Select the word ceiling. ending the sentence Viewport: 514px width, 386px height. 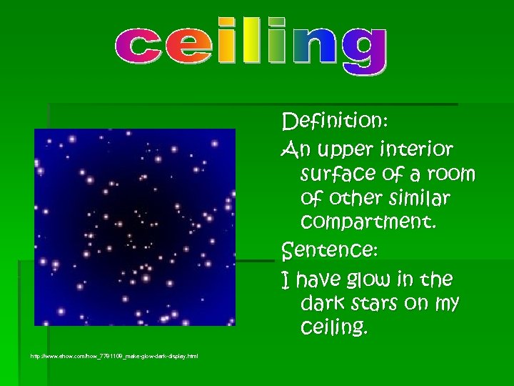334,328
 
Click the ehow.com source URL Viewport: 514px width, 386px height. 114,356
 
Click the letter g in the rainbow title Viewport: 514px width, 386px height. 363,49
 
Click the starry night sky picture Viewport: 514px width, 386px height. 135,227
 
